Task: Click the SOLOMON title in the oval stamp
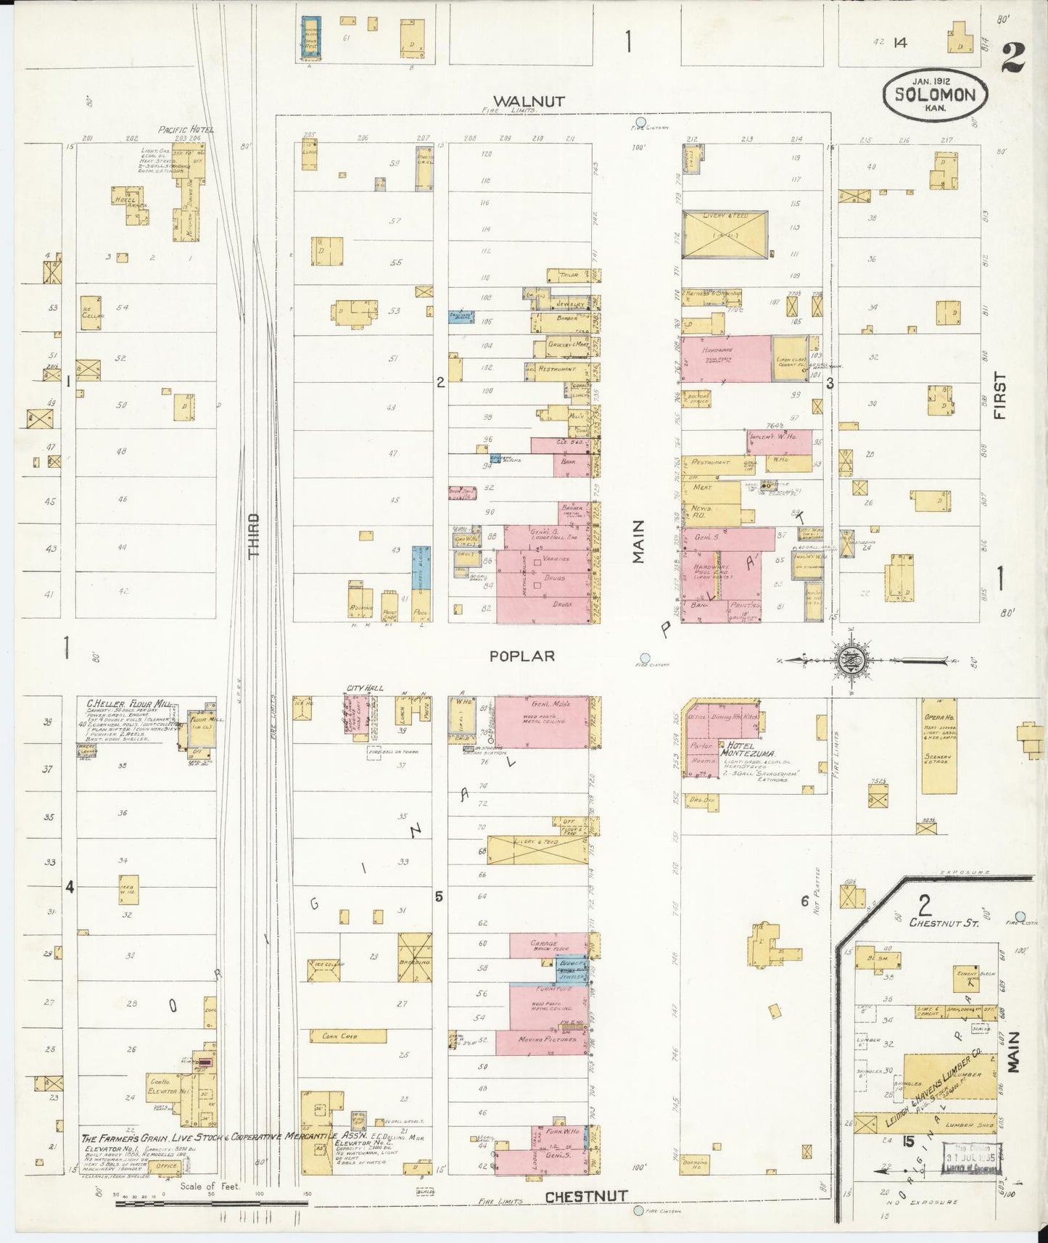pos(940,94)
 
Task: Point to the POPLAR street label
pos(521,656)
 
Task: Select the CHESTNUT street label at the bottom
pos(586,1197)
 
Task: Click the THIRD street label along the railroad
pos(253,535)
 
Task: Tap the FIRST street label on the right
pos(1001,396)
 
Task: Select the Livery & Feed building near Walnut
pos(725,234)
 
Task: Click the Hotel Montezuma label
pos(748,748)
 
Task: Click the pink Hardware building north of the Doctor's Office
pos(725,358)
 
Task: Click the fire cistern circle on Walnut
pos(640,123)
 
